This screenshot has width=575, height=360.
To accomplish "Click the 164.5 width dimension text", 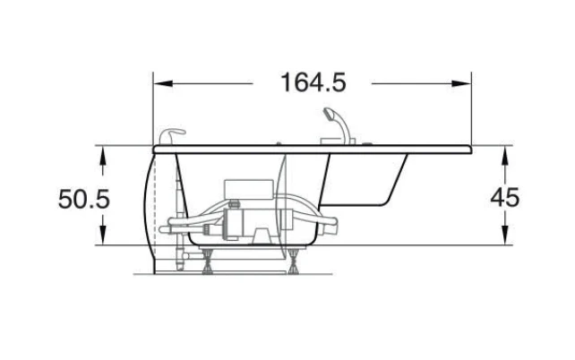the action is point(313,82).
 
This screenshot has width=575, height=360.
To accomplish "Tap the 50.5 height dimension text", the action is point(84,199).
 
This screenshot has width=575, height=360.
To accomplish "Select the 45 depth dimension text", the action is point(505,198).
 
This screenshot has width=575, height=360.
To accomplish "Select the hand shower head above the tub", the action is point(328,113).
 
